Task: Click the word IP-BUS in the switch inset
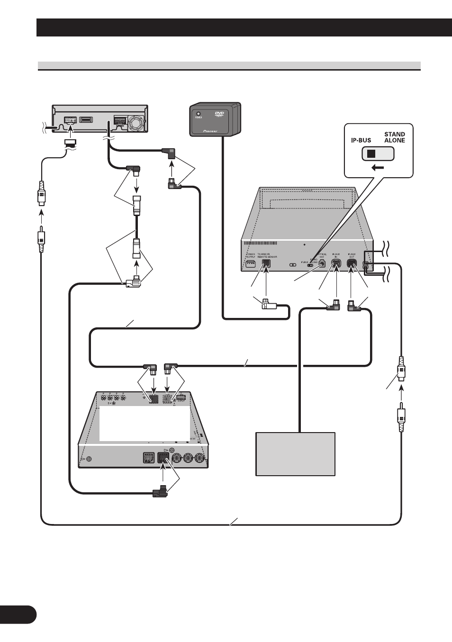click(361, 140)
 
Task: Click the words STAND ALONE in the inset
click(394, 137)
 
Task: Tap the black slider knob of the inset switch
click(371, 154)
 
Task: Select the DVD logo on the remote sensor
click(219, 114)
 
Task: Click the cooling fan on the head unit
click(136, 124)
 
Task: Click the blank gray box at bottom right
click(295, 453)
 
